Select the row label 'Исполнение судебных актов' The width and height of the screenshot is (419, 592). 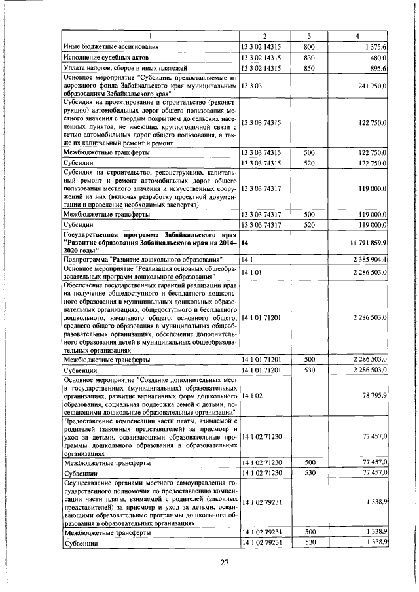pyautogui.click(x=103, y=58)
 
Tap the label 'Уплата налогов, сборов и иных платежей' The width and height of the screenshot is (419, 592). pyautogui.click(x=126, y=68)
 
